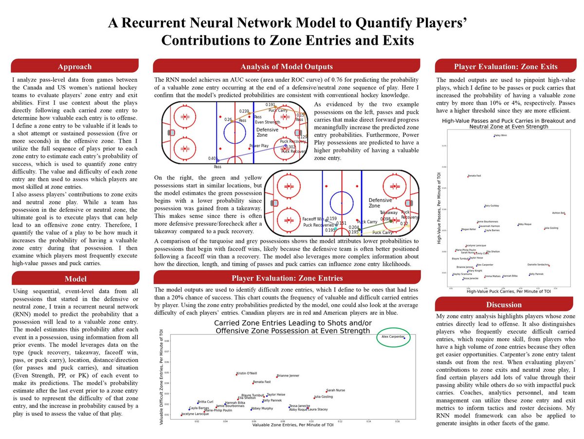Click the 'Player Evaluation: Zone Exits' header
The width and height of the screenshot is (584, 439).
click(505, 67)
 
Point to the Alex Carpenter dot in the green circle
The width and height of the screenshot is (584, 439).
click(403, 337)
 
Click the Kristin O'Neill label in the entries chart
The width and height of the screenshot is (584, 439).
click(247, 373)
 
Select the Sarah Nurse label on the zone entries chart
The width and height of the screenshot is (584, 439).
click(336, 390)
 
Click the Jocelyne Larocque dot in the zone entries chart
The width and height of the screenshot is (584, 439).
click(181, 415)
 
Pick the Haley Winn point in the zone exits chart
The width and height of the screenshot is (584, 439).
click(493, 136)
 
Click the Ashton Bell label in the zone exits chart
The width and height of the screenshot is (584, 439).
click(558, 213)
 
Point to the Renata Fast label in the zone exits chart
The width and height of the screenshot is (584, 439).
click(475, 175)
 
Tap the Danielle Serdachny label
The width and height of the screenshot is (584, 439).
click(538, 264)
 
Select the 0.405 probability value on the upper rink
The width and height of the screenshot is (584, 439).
click(212, 159)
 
